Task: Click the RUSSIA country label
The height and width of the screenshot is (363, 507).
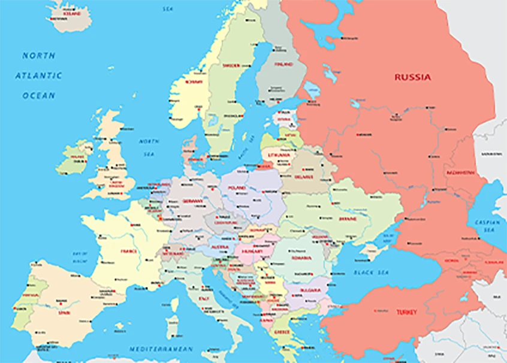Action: (412, 77)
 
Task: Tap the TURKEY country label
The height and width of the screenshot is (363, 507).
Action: (406, 312)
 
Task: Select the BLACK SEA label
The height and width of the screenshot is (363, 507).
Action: (372, 273)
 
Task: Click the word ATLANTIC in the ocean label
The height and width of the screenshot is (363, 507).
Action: (38, 75)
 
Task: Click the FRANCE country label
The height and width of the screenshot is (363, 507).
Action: (129, 252)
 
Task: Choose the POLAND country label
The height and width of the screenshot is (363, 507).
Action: (236, 188)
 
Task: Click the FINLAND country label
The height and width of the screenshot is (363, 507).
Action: (283, 64)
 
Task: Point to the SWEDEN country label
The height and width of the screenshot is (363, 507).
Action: (231, 65)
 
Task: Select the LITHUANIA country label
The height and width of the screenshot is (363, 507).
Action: (280, 155)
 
